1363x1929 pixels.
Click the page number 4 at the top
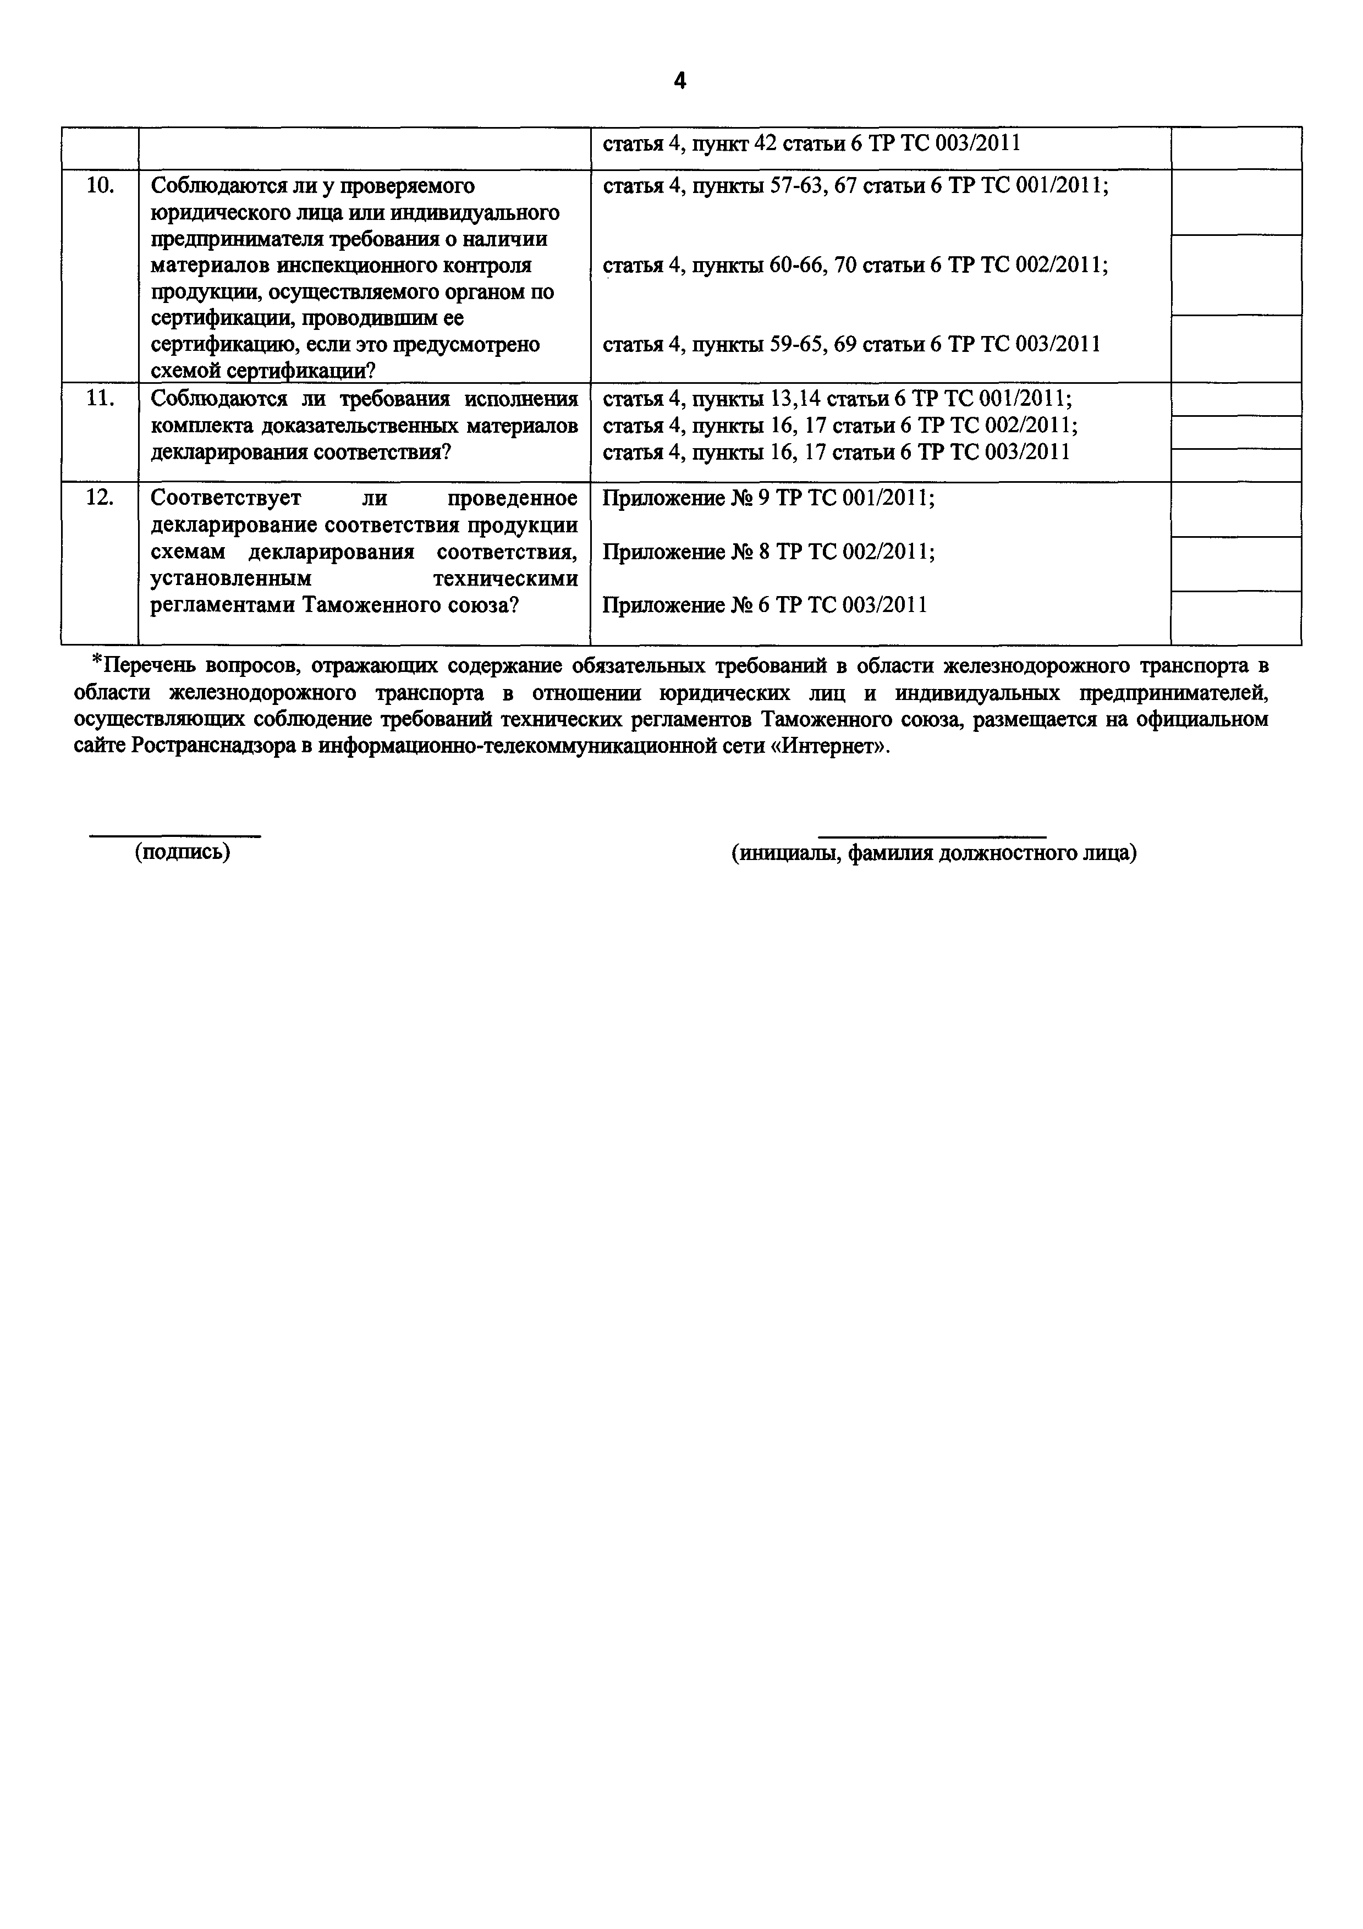click(680, 81)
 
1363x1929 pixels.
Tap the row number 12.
click(100, 498)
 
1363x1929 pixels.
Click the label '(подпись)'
click(183, 852)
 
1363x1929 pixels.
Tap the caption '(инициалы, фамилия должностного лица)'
click(933, 853)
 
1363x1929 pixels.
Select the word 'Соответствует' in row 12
click(225, 498)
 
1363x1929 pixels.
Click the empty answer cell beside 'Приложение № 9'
click(1235, 509)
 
